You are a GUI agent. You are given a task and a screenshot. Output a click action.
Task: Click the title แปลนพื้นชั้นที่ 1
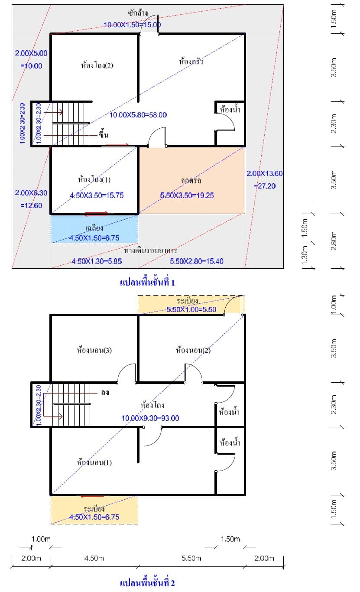pos(147,283)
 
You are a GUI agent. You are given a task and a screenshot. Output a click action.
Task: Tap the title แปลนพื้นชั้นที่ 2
pos(147,583)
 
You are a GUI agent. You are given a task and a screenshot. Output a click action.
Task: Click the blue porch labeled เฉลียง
pos(94,229)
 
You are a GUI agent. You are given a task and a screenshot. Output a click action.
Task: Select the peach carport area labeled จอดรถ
pos(192,181)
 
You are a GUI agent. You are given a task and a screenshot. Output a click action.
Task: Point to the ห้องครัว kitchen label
pos(191,61)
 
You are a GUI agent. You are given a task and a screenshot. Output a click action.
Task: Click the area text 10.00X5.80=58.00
pos(138,115)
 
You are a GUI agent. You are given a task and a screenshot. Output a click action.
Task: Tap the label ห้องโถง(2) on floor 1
pos(97,65)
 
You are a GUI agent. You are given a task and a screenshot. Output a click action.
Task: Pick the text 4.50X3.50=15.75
pos(97,195)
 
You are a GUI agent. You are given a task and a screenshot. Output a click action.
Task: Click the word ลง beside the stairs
pos(105,393)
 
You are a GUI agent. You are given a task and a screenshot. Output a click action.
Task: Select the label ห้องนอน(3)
pos(94,350)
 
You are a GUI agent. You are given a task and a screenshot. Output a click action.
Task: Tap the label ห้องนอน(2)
pos(193,350)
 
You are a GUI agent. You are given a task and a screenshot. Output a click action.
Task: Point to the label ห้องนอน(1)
pos(94,462)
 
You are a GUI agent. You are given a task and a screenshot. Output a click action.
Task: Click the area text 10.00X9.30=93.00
pos(150,418)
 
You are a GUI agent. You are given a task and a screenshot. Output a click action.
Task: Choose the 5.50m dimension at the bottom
pos(191,558)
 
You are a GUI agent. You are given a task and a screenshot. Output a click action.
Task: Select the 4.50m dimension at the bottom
pos(94,558)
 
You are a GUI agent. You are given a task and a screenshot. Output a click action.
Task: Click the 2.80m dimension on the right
pos(334,241)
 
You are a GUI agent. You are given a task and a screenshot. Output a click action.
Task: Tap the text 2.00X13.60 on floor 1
pos(265,173)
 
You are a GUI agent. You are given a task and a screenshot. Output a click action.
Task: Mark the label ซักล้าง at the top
pos(138,13)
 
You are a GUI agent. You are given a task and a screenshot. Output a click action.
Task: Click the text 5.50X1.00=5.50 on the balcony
pos(191,309)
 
